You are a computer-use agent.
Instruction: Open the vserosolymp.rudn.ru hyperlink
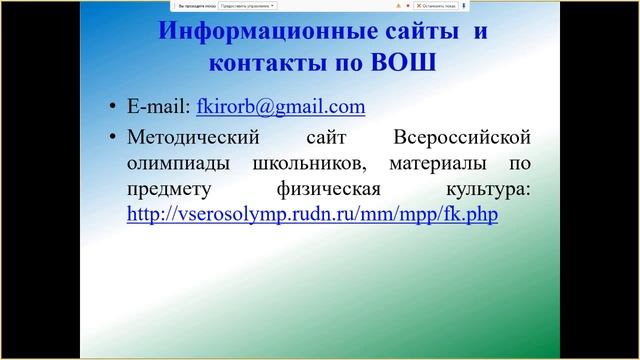(x=312, y=214)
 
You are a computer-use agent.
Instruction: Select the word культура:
(x=486, y=187)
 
